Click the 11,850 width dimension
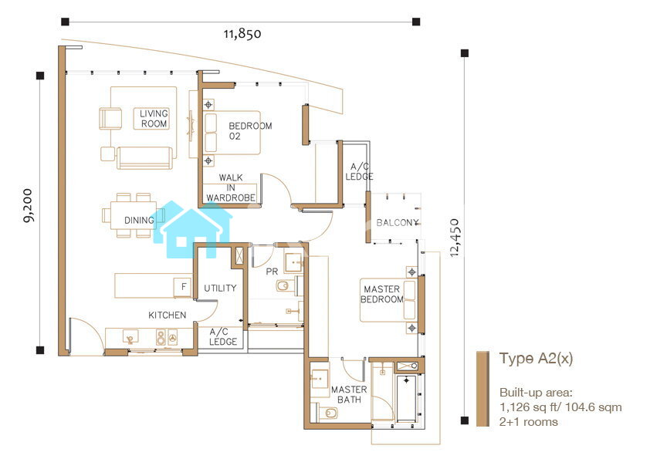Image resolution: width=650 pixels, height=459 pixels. pos(242,33)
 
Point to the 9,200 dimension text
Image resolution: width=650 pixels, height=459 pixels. pos(29,205)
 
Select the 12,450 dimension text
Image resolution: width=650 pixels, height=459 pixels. pos(455,238)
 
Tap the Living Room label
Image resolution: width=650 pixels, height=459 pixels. pos(154,119)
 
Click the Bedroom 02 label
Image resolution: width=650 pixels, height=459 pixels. pos(250,131)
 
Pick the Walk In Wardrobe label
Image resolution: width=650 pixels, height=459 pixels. pos(231,187)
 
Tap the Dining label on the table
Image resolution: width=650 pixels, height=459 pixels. pos(139,221)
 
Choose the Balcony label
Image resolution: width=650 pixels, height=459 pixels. pos(397,223)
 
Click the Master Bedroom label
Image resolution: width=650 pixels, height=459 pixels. pos(382,294)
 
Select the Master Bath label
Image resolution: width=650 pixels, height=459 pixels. pos(349,395)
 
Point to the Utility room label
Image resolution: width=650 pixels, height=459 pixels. pos(220,288)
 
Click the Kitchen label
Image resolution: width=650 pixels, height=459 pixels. pos(167,316)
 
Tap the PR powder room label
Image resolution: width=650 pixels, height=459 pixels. pos(272,272)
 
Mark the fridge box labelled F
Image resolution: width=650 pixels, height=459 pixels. pos(184,287)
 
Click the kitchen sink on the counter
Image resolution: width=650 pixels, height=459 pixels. pos(131,337)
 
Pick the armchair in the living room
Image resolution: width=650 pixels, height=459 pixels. pos(110,119)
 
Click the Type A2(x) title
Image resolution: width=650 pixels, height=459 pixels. pos(536,359)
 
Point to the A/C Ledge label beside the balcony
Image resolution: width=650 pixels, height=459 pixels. pos(360,171)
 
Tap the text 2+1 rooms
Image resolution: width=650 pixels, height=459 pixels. pos(529,422)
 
